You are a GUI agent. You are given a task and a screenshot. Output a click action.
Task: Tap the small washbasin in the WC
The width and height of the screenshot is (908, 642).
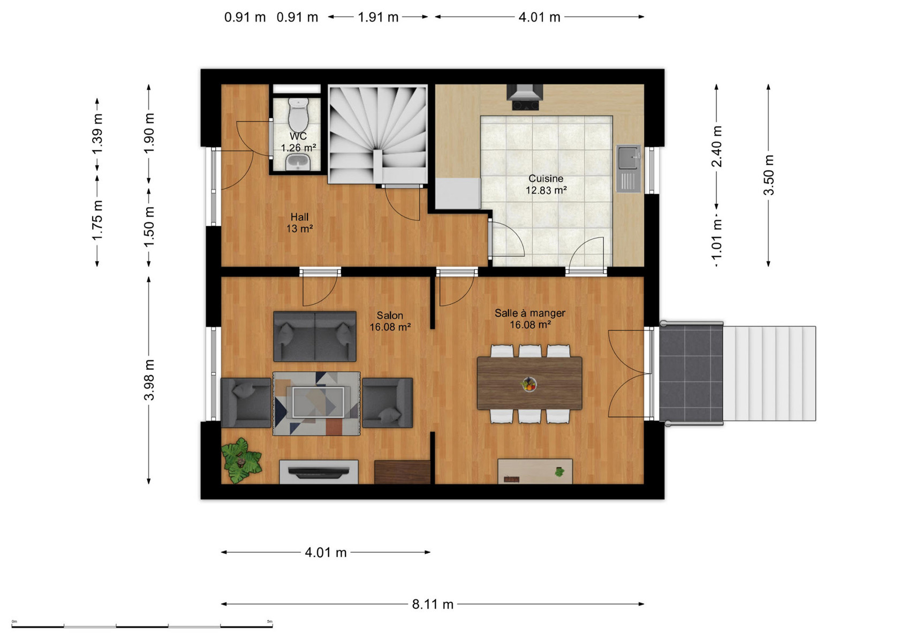[x=298, y=162]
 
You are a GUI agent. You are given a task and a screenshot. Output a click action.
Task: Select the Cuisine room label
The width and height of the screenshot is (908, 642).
[x=546, y=178]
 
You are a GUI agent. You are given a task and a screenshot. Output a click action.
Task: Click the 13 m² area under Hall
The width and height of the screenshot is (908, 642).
[x=300, y=229]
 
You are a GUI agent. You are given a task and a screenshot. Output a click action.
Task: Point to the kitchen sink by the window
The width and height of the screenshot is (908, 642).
[x=629, y=168]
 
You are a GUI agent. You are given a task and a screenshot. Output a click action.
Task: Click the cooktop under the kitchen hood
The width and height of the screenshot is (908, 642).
[x=525, y=105]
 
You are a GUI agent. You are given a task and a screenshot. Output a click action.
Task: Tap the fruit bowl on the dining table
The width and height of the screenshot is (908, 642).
[x=529, y=384]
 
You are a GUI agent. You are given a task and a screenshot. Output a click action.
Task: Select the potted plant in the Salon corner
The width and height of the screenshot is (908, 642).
[x=241, y=461]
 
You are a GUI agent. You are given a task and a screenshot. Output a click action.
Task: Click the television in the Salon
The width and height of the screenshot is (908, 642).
[x=319, y=472]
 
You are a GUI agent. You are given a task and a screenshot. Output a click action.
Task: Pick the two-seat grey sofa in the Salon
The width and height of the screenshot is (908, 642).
[x=315, y=336]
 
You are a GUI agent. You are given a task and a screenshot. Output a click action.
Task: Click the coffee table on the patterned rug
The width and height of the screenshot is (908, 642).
[x=318, y=402]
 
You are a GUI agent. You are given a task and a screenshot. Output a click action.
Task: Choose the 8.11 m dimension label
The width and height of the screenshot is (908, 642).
[x=433, y=605]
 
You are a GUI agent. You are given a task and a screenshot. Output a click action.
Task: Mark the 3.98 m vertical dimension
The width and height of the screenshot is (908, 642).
[x=149, y=380]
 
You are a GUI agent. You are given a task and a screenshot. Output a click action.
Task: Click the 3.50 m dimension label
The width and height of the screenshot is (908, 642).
[x=769, y=175]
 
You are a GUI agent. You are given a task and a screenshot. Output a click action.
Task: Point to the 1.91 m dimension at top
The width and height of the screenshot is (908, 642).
[x=378, y=17]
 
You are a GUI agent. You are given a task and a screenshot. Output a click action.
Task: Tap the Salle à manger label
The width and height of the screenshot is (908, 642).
[x=530, y=313]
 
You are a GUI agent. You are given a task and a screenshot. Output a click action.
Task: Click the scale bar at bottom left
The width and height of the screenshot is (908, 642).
[x=142, y=626]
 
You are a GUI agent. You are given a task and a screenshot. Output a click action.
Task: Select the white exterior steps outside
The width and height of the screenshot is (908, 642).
[x=769, y=373]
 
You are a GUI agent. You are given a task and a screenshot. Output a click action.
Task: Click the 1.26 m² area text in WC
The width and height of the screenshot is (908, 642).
[x=299, y=148]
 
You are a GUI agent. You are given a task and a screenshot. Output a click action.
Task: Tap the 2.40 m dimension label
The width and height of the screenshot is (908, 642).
[x=717, y=146]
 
